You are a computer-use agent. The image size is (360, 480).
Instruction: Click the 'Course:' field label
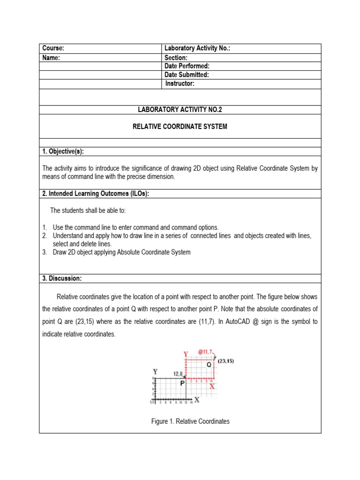click(53, 49)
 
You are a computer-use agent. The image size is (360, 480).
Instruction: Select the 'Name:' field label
click(52, 58)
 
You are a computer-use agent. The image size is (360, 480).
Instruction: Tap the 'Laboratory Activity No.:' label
click(197, 49)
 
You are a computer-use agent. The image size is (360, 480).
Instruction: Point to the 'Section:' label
click(176, 58)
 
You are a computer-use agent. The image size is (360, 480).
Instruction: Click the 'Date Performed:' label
click(187, 66)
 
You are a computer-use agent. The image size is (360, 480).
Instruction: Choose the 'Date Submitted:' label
click(187, 75)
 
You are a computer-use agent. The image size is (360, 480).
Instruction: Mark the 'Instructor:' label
click(180, 84)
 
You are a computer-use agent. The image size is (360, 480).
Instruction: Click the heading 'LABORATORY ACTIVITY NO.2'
click(180, 110)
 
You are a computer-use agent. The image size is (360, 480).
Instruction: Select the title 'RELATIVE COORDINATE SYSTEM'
click(180, 127)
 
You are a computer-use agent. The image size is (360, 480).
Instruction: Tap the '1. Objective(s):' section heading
click(63, 151)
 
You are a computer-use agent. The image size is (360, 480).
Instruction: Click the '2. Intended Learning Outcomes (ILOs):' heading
click(96, 194)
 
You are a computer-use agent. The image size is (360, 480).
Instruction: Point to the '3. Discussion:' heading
click(62, 278)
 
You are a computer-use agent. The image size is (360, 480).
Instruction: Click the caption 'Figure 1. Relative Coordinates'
click(190, 421)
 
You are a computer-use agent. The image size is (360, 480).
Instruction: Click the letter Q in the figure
click(209, 365)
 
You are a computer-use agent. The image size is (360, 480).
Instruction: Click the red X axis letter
click(212, 386)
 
